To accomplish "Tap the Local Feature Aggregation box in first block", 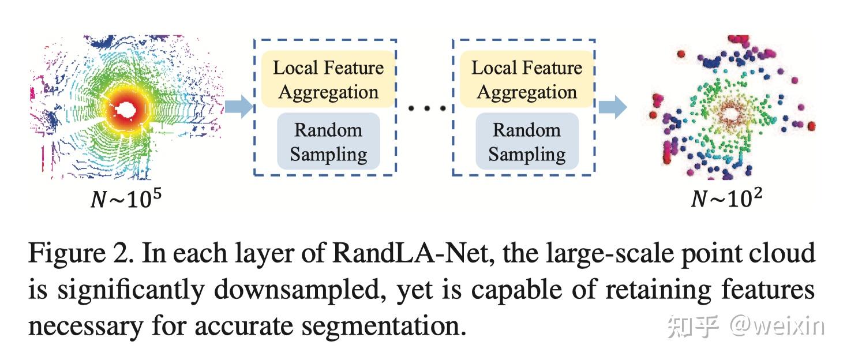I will point(328,79).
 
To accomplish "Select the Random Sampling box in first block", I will point(328,141).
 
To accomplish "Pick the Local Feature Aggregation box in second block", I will point(526,79).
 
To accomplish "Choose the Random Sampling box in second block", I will point(526,141).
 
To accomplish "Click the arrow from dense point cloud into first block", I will point(238,107).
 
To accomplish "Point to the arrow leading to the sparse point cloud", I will point(612,107).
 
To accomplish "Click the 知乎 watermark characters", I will point(692,327).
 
